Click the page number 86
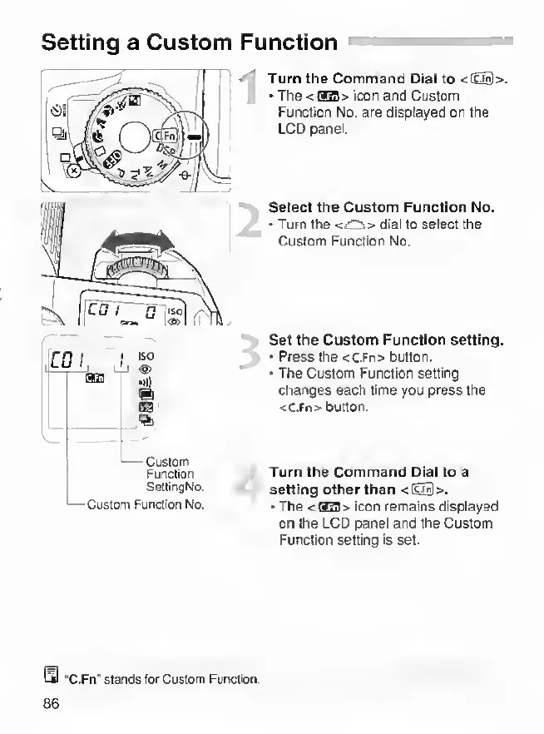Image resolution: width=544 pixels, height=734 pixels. [51, 703]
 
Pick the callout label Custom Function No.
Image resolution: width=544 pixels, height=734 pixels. [146, 503]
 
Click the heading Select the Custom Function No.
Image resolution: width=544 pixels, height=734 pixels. [381, 208]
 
